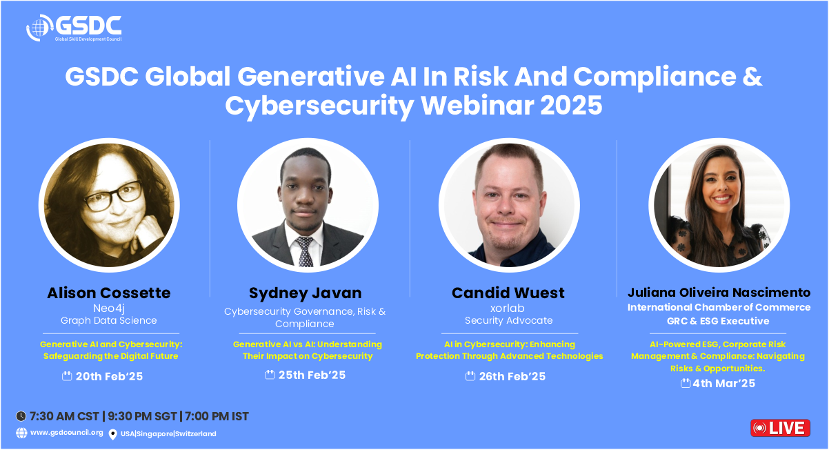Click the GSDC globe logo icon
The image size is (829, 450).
[x=39, y=28]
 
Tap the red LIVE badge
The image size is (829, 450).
[x=780, y=428]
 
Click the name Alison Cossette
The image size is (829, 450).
[x=109, y=293]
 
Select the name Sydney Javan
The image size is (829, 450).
[x=305, y=293]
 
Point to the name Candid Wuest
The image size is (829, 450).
[x=508, y=293]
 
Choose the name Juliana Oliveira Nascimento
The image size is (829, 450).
[x=719, y=293]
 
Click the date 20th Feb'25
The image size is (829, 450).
[x=109, y=376]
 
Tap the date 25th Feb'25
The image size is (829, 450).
[x=312, y=375]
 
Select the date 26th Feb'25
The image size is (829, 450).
[x=512, y=376]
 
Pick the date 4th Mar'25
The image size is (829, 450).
[x=723, y=383]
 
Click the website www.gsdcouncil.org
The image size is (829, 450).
[x=67, y=433]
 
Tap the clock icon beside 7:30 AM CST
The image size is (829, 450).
[x=21, y=416]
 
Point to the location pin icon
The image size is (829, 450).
[x=113, y=434]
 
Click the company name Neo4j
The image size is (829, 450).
[x=109, y=309]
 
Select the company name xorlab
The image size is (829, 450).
[x=508, y=308]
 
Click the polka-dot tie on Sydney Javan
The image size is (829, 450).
[x=305, y=252]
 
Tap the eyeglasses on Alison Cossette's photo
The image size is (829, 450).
[x=113, y=196]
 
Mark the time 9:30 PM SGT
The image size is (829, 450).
[x=143, y=416]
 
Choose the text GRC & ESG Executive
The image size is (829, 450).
[x=718, y=321]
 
